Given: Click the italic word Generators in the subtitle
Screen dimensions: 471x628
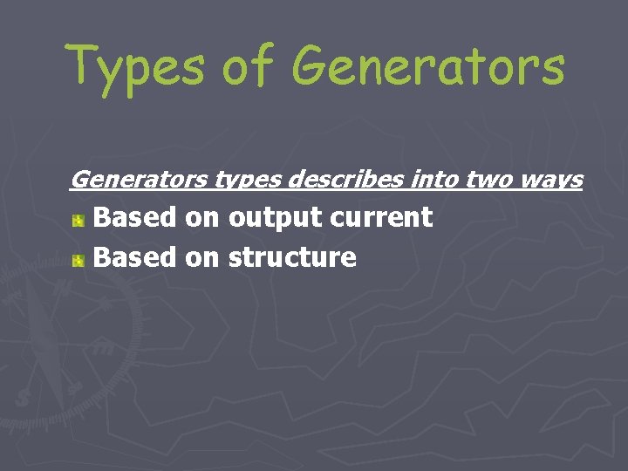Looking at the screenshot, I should click(138, 180).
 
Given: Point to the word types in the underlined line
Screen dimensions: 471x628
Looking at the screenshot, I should click(247, 181).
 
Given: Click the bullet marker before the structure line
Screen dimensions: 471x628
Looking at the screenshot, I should click(78, 260).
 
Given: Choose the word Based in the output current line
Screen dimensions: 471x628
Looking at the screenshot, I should click(134, 217).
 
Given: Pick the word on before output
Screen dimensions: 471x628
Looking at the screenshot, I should click(202, 217).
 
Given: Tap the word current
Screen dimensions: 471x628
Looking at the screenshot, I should click(381, 217).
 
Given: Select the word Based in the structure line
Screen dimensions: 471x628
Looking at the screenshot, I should click(134, 257).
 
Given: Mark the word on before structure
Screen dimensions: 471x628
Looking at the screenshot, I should click(202, 257).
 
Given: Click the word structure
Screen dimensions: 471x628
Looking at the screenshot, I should click(292, 257).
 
